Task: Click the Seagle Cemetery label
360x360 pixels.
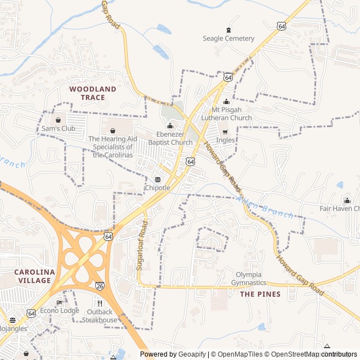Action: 228,38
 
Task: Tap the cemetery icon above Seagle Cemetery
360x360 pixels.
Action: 228,30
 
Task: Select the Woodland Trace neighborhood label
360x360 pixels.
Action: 93,93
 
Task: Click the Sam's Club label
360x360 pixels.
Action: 58,128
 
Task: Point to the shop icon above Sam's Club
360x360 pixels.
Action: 58,120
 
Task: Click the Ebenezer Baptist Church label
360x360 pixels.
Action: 170,138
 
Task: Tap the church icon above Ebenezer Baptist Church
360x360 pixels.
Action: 170,125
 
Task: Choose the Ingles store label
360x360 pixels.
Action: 225,141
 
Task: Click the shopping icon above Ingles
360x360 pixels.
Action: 225,132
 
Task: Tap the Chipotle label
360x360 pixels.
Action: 157,187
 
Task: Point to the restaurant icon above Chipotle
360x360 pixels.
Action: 157,179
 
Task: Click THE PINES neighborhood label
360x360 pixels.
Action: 260,294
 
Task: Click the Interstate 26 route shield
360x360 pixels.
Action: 100,286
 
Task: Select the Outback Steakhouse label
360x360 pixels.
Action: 100,316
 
